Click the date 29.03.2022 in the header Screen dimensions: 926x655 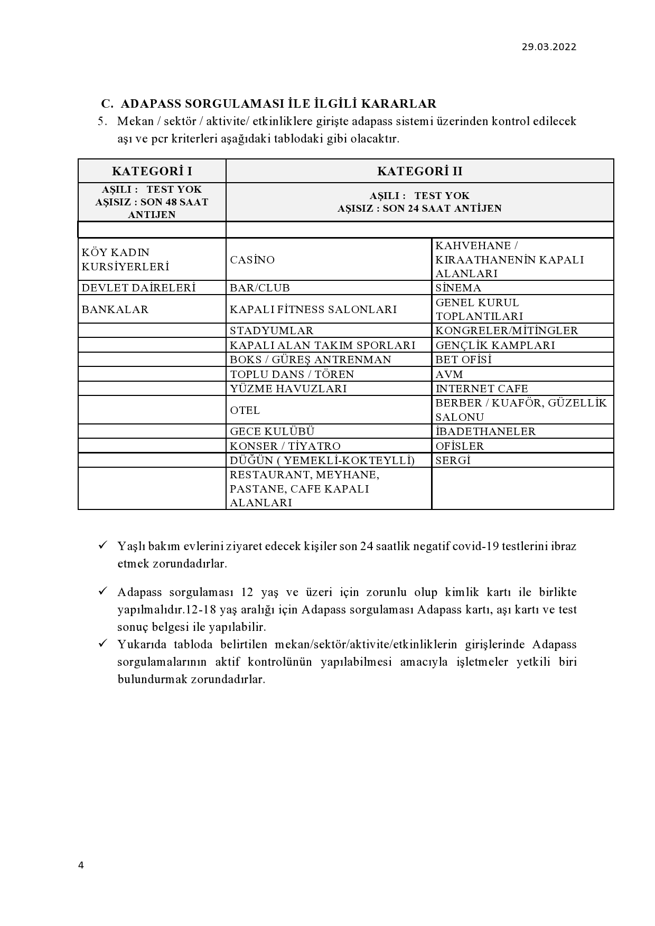coord(549,46)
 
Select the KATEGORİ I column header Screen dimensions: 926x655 coord(152,171)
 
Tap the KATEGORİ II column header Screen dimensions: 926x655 coord(419,171)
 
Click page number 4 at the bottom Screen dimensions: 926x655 coord(81,865)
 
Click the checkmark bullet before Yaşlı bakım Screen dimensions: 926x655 coord(104,545)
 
